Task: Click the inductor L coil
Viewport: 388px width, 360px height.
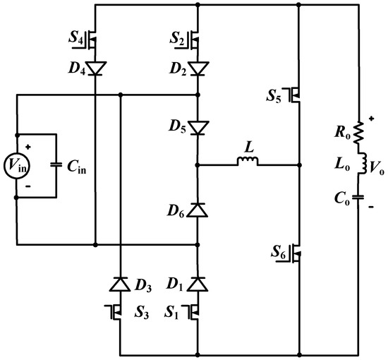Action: (x=247, y=163)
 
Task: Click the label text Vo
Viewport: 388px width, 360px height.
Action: (x=378, y=167)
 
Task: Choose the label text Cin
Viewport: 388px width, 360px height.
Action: (x=78, y=167)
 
